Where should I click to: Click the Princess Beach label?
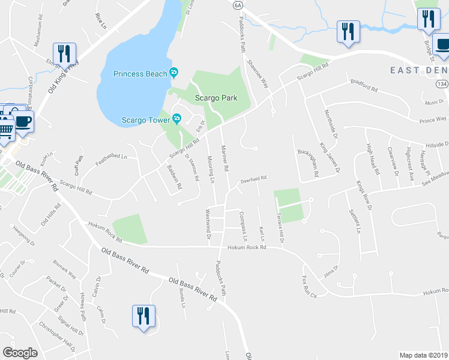[140, 74]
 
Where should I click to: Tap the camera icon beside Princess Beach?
[173, 73]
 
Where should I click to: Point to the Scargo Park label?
[215, 98]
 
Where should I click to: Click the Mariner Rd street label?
[226, 160]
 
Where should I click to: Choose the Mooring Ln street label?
[211, 169]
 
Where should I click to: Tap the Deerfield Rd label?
[253, 178]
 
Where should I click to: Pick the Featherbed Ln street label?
[112, 157]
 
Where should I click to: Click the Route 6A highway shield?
[238, 5]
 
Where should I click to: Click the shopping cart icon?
[5, 129]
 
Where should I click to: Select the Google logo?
[20, 352]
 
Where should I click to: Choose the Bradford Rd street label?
[364, 89]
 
